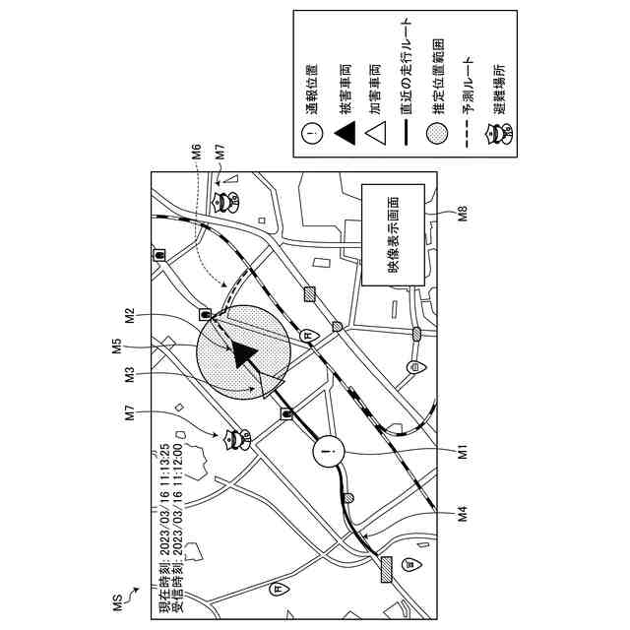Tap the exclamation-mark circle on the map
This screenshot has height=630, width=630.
329,453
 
